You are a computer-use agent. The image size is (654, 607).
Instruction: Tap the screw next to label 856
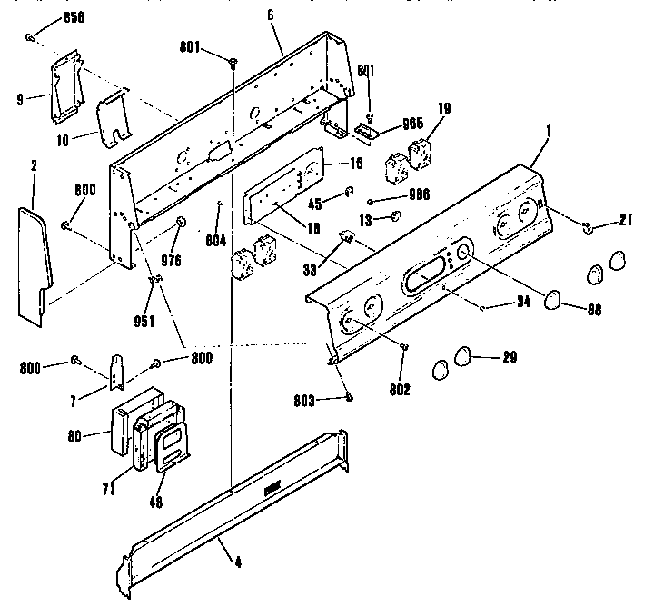click(x=29, y=37)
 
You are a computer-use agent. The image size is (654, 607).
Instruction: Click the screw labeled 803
click(x=349, y=395)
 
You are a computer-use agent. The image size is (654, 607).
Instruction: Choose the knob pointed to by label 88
click(x=552, y=299)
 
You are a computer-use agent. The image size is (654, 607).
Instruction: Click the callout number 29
click(x=510, y=356)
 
